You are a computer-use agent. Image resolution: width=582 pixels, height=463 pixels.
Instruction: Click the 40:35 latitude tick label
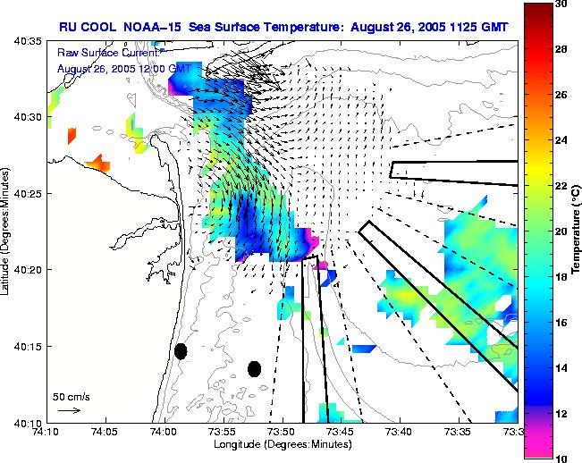[30, 41]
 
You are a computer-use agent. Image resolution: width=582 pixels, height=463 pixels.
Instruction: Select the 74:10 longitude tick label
[46, 432]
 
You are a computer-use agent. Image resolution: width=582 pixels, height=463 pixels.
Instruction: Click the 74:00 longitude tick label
[163, 432]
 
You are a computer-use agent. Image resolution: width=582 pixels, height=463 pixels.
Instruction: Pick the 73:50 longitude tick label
[281, 432]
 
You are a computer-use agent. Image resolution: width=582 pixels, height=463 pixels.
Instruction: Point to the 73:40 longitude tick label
[398, 432]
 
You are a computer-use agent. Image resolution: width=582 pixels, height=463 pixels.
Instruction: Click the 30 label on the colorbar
[561, 4]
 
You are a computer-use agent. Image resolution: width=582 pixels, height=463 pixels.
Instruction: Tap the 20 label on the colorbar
[561, 231]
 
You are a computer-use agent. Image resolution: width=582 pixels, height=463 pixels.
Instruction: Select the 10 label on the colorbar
[561, 458]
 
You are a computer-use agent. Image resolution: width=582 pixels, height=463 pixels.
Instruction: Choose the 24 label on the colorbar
[561, 140]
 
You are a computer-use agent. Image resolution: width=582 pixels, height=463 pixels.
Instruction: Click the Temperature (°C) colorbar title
[577, 231]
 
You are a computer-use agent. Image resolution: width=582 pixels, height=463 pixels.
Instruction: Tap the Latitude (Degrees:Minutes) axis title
[7, 231]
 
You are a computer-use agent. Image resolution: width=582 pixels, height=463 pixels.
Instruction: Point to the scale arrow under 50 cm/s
[69, 410]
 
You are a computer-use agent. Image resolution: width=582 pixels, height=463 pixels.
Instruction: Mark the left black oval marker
[181, 351]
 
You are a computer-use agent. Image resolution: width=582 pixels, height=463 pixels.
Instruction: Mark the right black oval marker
[254, 368]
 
